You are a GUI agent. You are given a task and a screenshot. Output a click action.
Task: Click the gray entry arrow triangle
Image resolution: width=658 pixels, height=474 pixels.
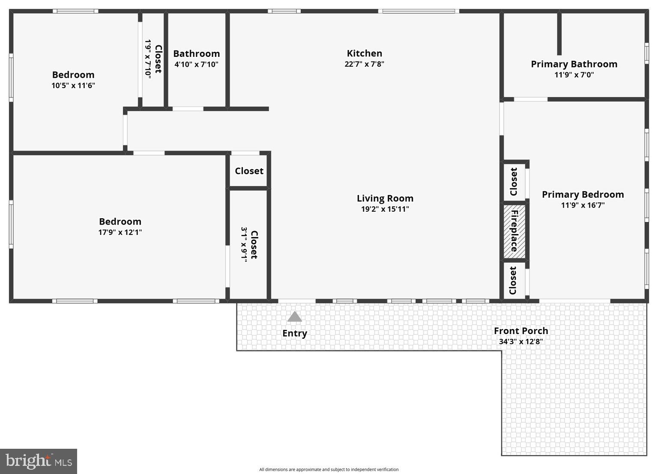(294, 317)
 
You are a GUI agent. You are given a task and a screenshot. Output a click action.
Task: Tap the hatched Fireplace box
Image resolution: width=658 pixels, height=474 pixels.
(514, 231)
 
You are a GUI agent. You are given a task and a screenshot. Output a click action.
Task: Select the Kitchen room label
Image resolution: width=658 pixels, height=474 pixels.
(364, 53)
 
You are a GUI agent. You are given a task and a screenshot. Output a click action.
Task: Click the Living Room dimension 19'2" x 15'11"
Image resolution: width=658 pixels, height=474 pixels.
(385, 209)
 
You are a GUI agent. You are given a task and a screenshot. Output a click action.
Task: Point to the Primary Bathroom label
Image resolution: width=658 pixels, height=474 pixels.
(574, 64)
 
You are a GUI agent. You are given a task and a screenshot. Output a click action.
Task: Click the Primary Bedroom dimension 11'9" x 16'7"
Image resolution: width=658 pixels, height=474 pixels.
(583, 205)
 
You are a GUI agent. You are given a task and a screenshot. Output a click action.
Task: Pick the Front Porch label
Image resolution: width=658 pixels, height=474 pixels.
(520, 331)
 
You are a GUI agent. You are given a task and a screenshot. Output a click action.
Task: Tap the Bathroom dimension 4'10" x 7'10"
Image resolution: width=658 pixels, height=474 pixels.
(196, 65)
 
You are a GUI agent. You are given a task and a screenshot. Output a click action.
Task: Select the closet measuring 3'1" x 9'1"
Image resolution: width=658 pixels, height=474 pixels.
(249, 245)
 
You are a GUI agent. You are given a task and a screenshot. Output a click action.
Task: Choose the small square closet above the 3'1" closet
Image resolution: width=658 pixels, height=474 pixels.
(249, 171)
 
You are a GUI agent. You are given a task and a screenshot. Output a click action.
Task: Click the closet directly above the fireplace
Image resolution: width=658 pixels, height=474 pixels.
(514, 181)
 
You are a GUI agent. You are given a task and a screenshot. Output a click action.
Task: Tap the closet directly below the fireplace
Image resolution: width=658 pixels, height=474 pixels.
(513, 280)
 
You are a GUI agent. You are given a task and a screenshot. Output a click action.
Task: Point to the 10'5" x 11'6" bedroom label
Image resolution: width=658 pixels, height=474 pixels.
(73, 75)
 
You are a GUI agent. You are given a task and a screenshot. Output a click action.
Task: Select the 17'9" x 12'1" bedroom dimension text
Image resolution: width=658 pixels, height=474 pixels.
(120, 232)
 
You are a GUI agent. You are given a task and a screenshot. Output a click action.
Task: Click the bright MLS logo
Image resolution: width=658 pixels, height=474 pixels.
(39, 461)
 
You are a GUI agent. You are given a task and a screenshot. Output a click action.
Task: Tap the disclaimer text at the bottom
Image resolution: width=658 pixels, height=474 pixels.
(329, 469)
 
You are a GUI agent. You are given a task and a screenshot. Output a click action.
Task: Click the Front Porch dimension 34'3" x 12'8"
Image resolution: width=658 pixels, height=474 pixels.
(520, 342)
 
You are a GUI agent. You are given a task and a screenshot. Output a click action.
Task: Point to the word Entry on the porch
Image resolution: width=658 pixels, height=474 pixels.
(294, 333)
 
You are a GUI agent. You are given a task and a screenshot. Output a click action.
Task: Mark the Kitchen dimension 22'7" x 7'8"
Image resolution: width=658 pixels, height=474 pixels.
(364, 64)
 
